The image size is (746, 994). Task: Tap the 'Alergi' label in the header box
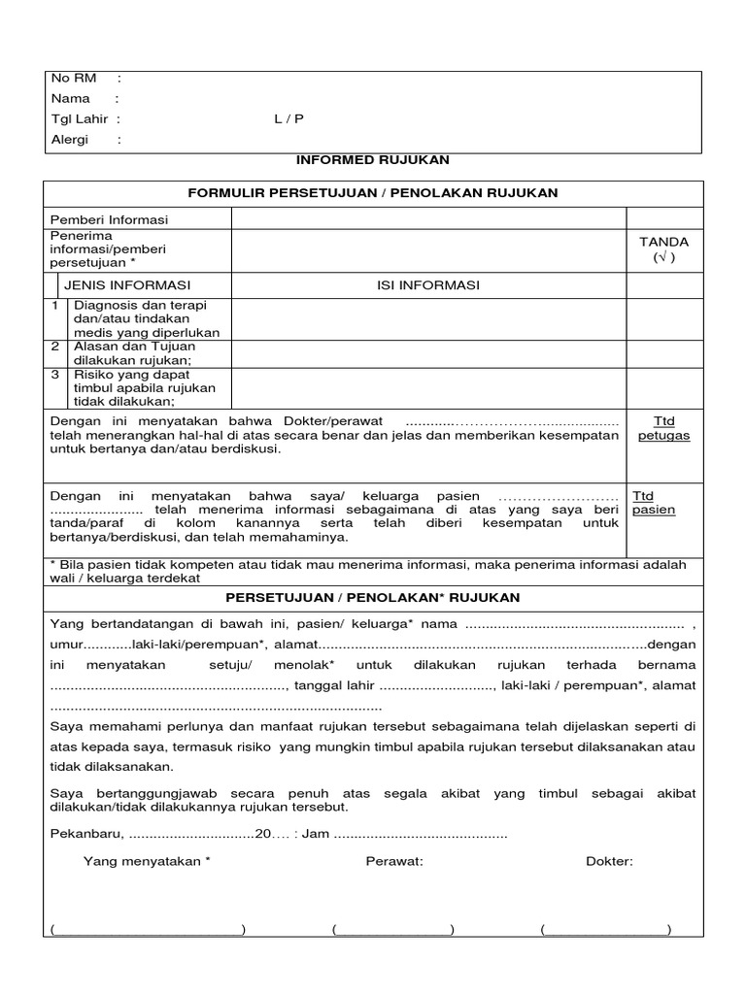pos(69,139)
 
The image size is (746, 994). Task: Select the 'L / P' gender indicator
pos(288,118)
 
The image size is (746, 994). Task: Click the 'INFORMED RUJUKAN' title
pos(372,159)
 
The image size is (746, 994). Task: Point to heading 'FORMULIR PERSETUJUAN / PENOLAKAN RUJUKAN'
pos(372,192)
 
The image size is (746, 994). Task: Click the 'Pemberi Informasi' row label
pos(109,219)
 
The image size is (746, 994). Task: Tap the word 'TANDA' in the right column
pos(663,242)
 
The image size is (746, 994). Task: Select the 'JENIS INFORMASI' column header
pos(127,284)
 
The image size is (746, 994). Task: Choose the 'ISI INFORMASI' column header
pos(428,284)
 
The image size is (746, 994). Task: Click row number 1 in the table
pos(55,305)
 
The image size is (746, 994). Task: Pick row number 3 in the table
pos(55,374)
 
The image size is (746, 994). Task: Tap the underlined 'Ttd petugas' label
pos(663,428)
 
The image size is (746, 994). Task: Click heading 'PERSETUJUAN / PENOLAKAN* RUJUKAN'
pos(372,596)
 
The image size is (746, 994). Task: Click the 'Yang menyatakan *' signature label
pos(147,861)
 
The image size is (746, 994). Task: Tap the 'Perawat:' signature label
pos(394,861)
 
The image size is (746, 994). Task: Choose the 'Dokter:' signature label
pos(609,861)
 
